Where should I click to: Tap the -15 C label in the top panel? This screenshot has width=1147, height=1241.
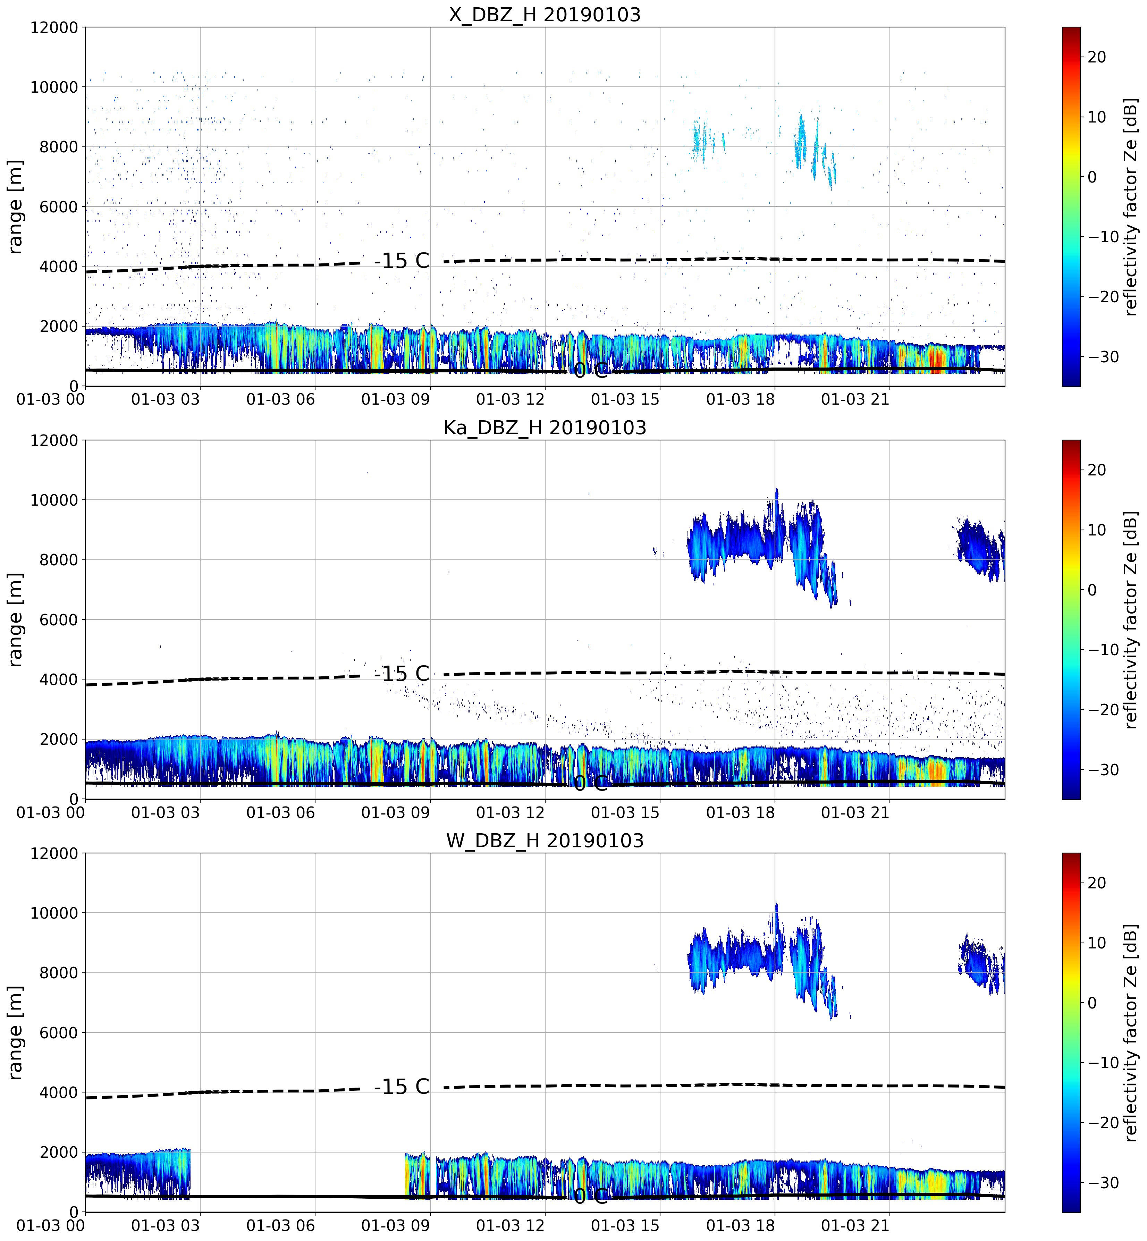pyautogui.click(x=402, y=261)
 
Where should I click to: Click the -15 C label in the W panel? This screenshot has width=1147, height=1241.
pyautogui.click(x=402, y=1087)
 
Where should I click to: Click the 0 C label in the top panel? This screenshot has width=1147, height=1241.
pyautogui.click(x=590, y=370)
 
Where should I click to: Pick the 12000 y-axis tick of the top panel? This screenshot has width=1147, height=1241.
pyautogui.click(x=54, y=28)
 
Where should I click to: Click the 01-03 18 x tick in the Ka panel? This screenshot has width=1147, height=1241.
pyautogui.click(x=741, y=812)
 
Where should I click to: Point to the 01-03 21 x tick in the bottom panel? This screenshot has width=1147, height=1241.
pyautogui.click(x=855, y=1225)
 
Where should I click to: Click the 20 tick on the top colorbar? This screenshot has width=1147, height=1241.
pyautogui.click(x=1097, y=57)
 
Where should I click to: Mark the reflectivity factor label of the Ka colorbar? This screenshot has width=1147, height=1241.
pyautogui.click(x=1131, y=619)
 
